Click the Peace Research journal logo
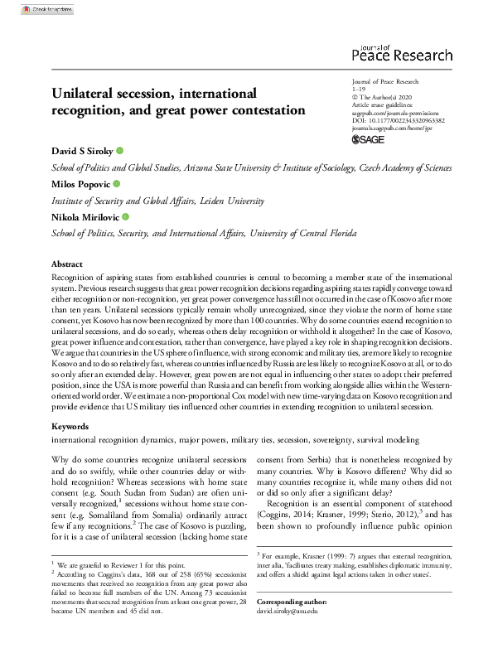click(x=402, y=52)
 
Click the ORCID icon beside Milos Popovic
click(x=116, y=183)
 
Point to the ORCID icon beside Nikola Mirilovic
click(x=126, y=215)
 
